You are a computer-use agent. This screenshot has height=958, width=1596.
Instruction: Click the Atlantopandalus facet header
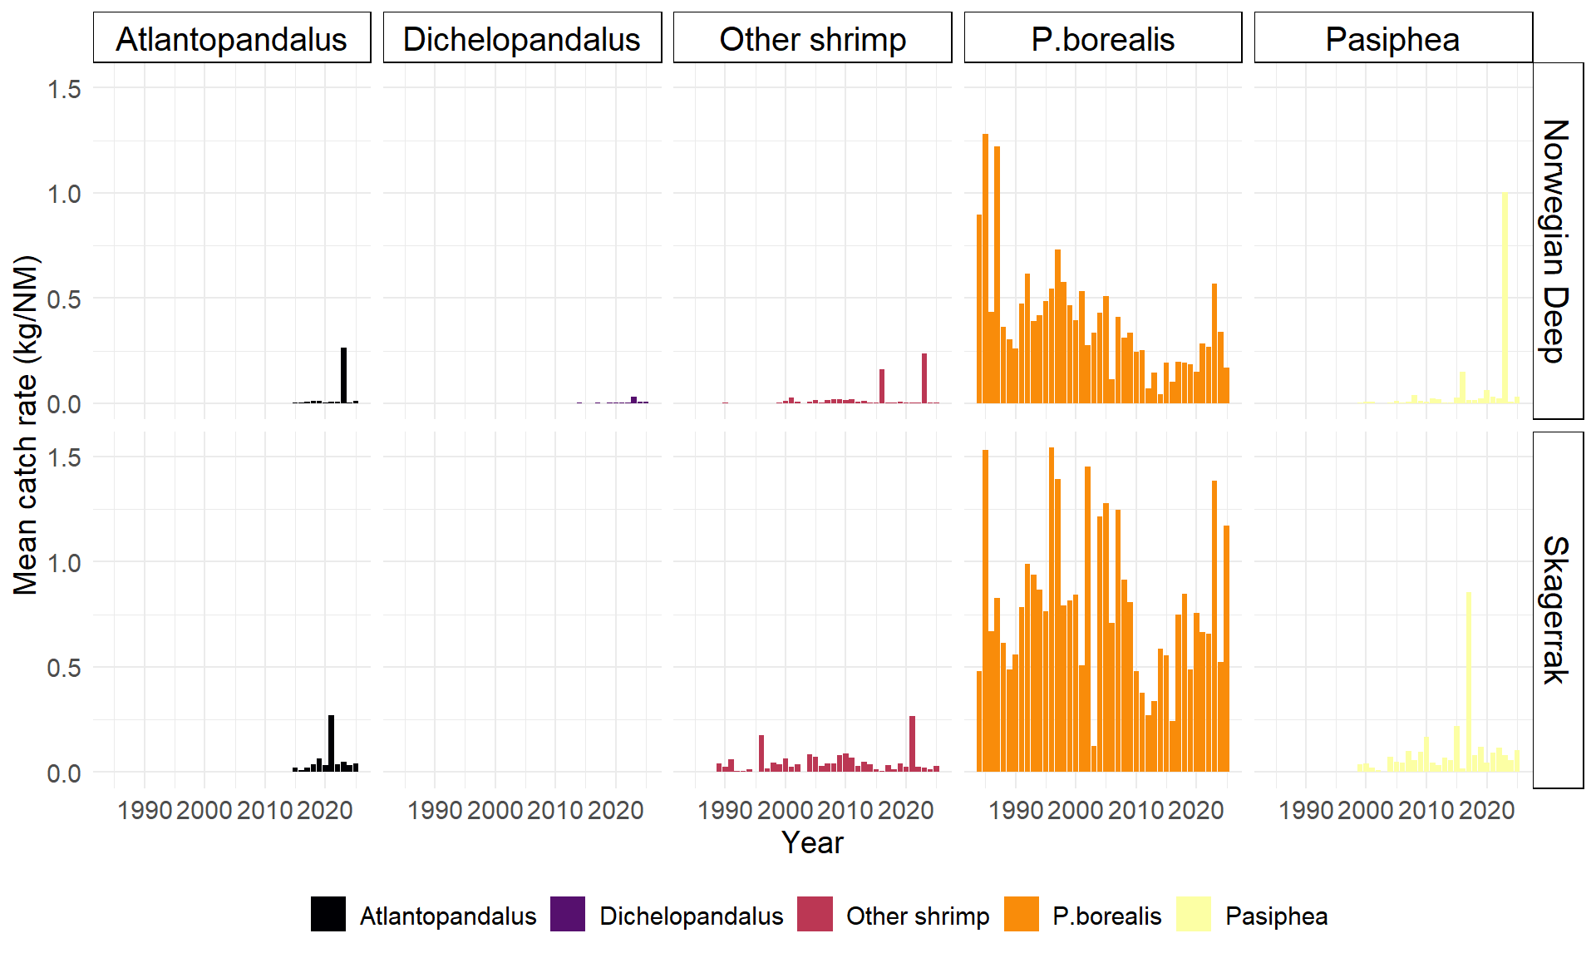click(x=231, y=38)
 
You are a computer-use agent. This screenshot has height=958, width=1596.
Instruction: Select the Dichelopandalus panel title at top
click(x=522, y=38)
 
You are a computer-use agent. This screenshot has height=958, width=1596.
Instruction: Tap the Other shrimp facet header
click(x=812, y=38)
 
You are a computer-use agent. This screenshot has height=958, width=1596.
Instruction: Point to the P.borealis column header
click(x=1102, y=38)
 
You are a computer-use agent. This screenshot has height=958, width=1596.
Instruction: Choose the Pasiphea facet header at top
click(x=1392, y=38)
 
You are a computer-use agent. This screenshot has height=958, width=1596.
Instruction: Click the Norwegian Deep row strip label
click(x=1556, y=240)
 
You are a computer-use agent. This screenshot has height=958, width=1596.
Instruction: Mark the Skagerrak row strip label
click(x=1556, y=610)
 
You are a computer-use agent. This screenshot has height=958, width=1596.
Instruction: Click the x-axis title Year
click(x=812, y=842)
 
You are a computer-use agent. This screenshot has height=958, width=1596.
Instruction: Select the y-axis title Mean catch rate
click(x=27, y=425)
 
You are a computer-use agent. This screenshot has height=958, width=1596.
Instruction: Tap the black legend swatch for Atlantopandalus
click(x=328, y=915)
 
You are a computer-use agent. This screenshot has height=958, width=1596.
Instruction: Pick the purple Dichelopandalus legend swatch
click(x=568, y=915)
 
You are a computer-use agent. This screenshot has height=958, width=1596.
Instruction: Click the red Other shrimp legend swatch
click(x=815, y=915)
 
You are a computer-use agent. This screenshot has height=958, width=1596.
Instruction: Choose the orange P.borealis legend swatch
click(x=1022, y=915)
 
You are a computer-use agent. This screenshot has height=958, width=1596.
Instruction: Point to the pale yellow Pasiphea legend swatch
click(x=1194, y=915)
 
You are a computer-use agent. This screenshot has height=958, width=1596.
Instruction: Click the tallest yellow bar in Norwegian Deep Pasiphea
click(x=1505, y=299)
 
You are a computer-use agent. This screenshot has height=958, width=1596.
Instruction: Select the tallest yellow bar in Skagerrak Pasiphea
click(x=1469, y=682)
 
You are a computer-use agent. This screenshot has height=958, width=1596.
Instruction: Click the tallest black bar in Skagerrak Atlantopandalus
click(x=332, y=743)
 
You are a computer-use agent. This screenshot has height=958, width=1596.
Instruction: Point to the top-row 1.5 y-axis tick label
click(x=64, y=89)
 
